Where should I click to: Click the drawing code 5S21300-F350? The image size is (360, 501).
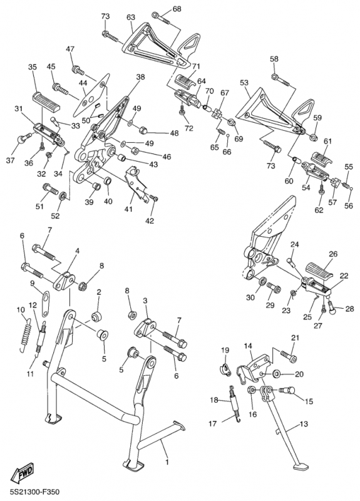pos(35,492)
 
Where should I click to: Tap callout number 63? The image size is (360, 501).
pos(131,18)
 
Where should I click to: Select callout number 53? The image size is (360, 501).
pos(244,83)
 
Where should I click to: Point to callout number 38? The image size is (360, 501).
pos(140,76)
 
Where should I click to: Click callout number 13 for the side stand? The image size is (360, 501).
pos(304,424)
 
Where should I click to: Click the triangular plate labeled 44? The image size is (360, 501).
pos(91,96)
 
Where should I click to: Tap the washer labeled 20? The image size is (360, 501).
pos(277,373)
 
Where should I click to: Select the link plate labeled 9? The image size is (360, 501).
pos(46,302)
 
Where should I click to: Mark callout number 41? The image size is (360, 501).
pos(128,209)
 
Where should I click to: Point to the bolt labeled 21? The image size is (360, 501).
pos(289,356)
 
